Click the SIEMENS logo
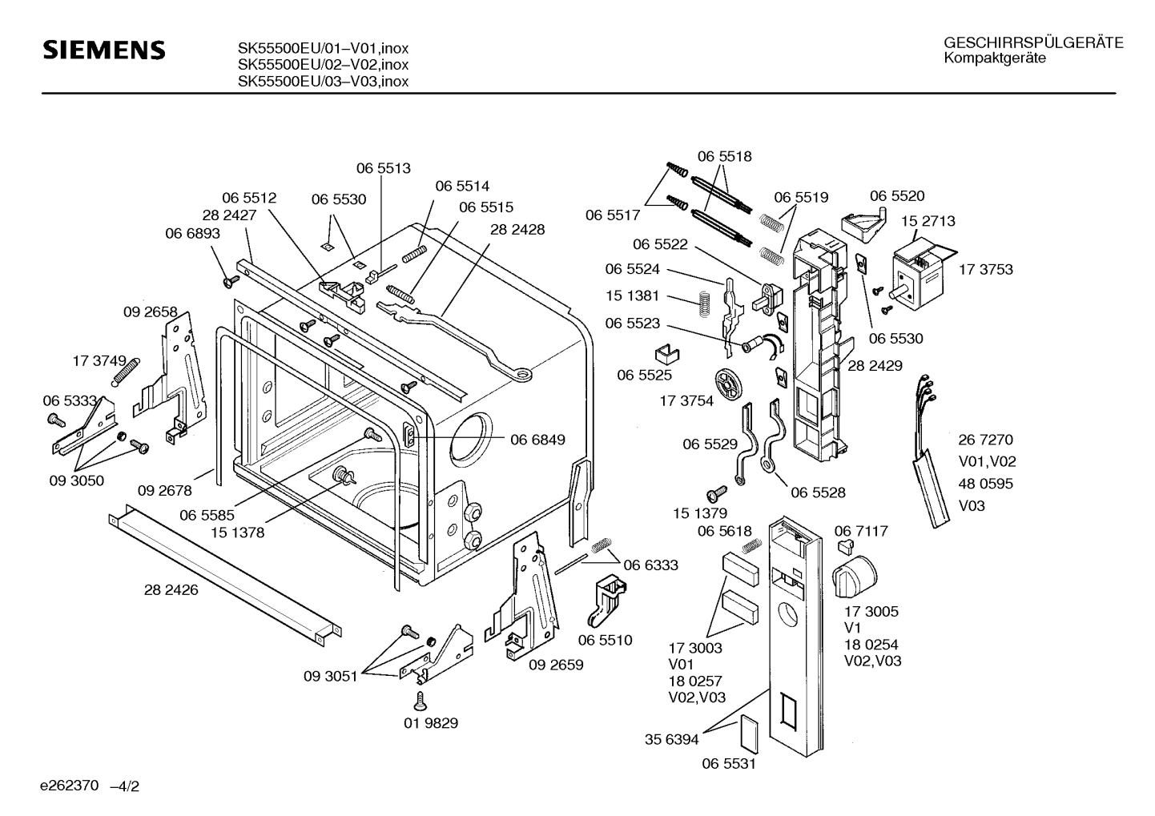104,50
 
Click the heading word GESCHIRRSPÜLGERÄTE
1033,43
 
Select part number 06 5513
383,169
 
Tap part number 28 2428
517,230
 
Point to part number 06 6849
537,440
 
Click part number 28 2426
171,590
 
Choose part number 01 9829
431,723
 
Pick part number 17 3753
985,270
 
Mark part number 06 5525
644,375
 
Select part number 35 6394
671,740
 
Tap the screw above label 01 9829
419,700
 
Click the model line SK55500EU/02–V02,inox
323,65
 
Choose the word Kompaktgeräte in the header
994,58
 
